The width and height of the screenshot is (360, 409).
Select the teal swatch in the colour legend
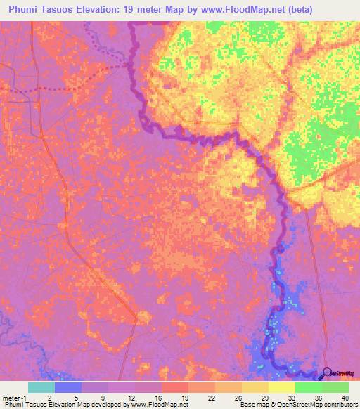coord(41,387)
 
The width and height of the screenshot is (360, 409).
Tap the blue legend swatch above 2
coord(68,387)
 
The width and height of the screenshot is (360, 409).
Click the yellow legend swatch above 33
coord(281,387)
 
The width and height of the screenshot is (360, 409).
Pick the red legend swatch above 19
coord(175,387)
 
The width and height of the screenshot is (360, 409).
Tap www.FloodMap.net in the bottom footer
coord(148,405)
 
